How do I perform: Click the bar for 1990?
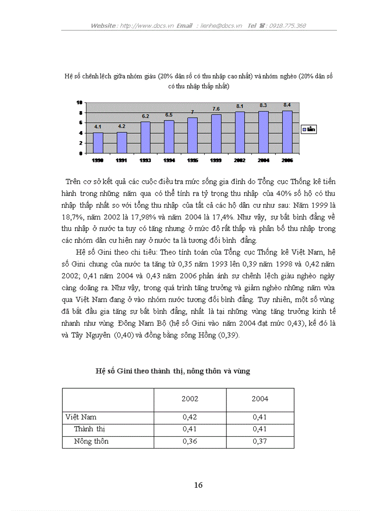[x=98, y=143]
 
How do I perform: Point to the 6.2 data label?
[x=145, y=116]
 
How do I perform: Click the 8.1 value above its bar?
[x=240, y=106]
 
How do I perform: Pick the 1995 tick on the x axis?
[x=192, y=160]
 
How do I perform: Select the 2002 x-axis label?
[x=240, y=160]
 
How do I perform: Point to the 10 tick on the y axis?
[x=79, y=102]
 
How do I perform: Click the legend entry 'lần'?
[x=309, y=129]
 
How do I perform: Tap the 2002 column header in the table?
[x=190, y=399]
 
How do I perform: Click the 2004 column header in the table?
[x=260, y=399]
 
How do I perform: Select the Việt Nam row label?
[x=80, y=417]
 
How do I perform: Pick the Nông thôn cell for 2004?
[x=260, y=441]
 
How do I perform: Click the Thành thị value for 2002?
[x=190, y=429]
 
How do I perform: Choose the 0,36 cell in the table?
[x=190, y=441]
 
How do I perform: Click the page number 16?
[x=198, y=485]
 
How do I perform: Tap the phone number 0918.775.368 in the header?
[x=287, y=25]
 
